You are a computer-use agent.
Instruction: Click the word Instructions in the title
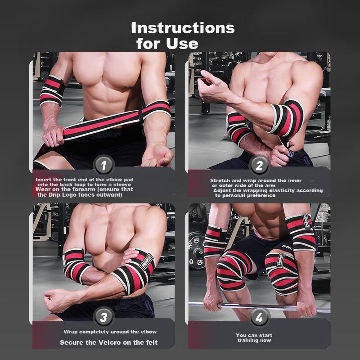pos(183,28)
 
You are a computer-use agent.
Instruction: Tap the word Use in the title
pos(182,44)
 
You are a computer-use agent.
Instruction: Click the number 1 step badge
pos(104,165)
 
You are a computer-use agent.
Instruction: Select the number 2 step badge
pos(259,165)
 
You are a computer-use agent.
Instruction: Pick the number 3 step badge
pos(104,317)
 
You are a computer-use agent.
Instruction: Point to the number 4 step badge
pos(259,318)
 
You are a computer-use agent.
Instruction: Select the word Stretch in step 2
pos(220,181)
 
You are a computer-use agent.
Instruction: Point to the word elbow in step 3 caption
pos(149,332)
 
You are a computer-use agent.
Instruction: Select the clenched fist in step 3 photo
pos(54,300)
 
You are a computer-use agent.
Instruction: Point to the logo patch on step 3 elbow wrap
pos(147,262)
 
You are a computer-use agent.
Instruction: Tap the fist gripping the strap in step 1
pos(53,136)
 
